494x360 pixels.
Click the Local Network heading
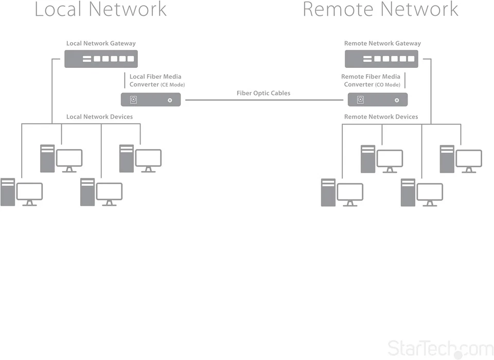tap(100, 9)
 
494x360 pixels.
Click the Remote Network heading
tap(380, 9)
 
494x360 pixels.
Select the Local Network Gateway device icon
tap(101, 59)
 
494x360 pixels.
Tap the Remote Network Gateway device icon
tap(381, 59)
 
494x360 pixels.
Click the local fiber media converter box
tap(151, 99)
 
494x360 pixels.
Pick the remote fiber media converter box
tap(378, 99)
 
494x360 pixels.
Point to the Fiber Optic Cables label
tap(263, 93)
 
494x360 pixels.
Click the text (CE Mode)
tap(173, 85)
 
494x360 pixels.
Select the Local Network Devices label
tap(99, 117)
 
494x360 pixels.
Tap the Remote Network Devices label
tap(381, 117)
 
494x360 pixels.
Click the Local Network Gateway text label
tap(101, 44)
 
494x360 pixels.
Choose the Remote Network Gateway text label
tap(382, 44)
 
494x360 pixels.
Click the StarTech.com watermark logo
tap(440, 348)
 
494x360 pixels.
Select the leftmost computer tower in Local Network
tap(8, 192)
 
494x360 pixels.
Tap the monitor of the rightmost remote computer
tap(469, 158)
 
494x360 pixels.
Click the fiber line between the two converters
tap(263, 100)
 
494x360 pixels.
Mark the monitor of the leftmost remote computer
tap(350, 192)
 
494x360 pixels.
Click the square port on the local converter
tap(133, 100)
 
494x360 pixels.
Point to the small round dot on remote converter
tap(396, 100)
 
